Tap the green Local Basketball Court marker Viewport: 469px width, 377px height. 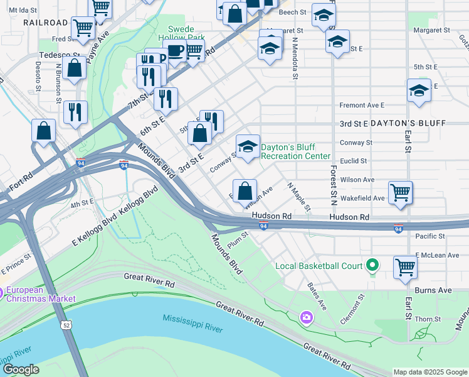click(x=372, y=266)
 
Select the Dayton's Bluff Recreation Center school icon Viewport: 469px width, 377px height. click(x=248, y=148)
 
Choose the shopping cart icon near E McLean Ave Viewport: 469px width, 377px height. click(x=405, y=266)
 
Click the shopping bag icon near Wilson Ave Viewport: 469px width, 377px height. click(x=245, y=190)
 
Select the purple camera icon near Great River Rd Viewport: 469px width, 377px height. click(x=306, y=315)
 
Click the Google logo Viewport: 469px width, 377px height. click(x=20, y=369)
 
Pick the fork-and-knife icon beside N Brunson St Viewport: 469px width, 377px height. click(x=75, y=112)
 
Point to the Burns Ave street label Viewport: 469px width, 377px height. click(x=436, y=290)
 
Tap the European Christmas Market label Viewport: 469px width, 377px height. click(x=41, y=294)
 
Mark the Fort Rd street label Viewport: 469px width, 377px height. click(x=21, y=187)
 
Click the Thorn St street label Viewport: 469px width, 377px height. click(x=427, y=319)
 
